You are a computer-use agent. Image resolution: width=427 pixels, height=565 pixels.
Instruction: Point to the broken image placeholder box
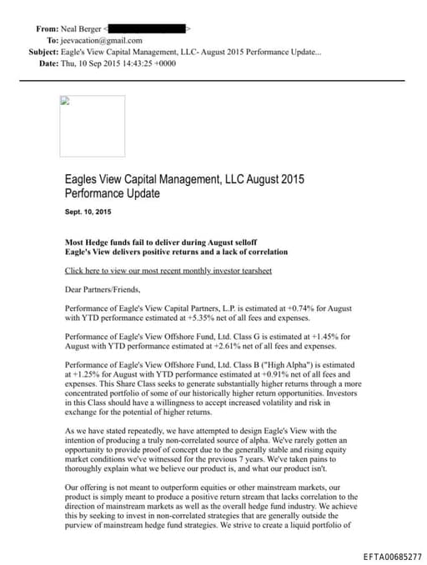click(x=92, y=127)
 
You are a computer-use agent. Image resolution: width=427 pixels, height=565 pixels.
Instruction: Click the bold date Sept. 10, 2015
click(x=88, y=212)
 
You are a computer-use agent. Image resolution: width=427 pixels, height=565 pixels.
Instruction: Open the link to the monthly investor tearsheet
click(x=168, y=271)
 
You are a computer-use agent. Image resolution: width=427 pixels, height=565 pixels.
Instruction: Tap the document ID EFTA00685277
click(x=393, y=555)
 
